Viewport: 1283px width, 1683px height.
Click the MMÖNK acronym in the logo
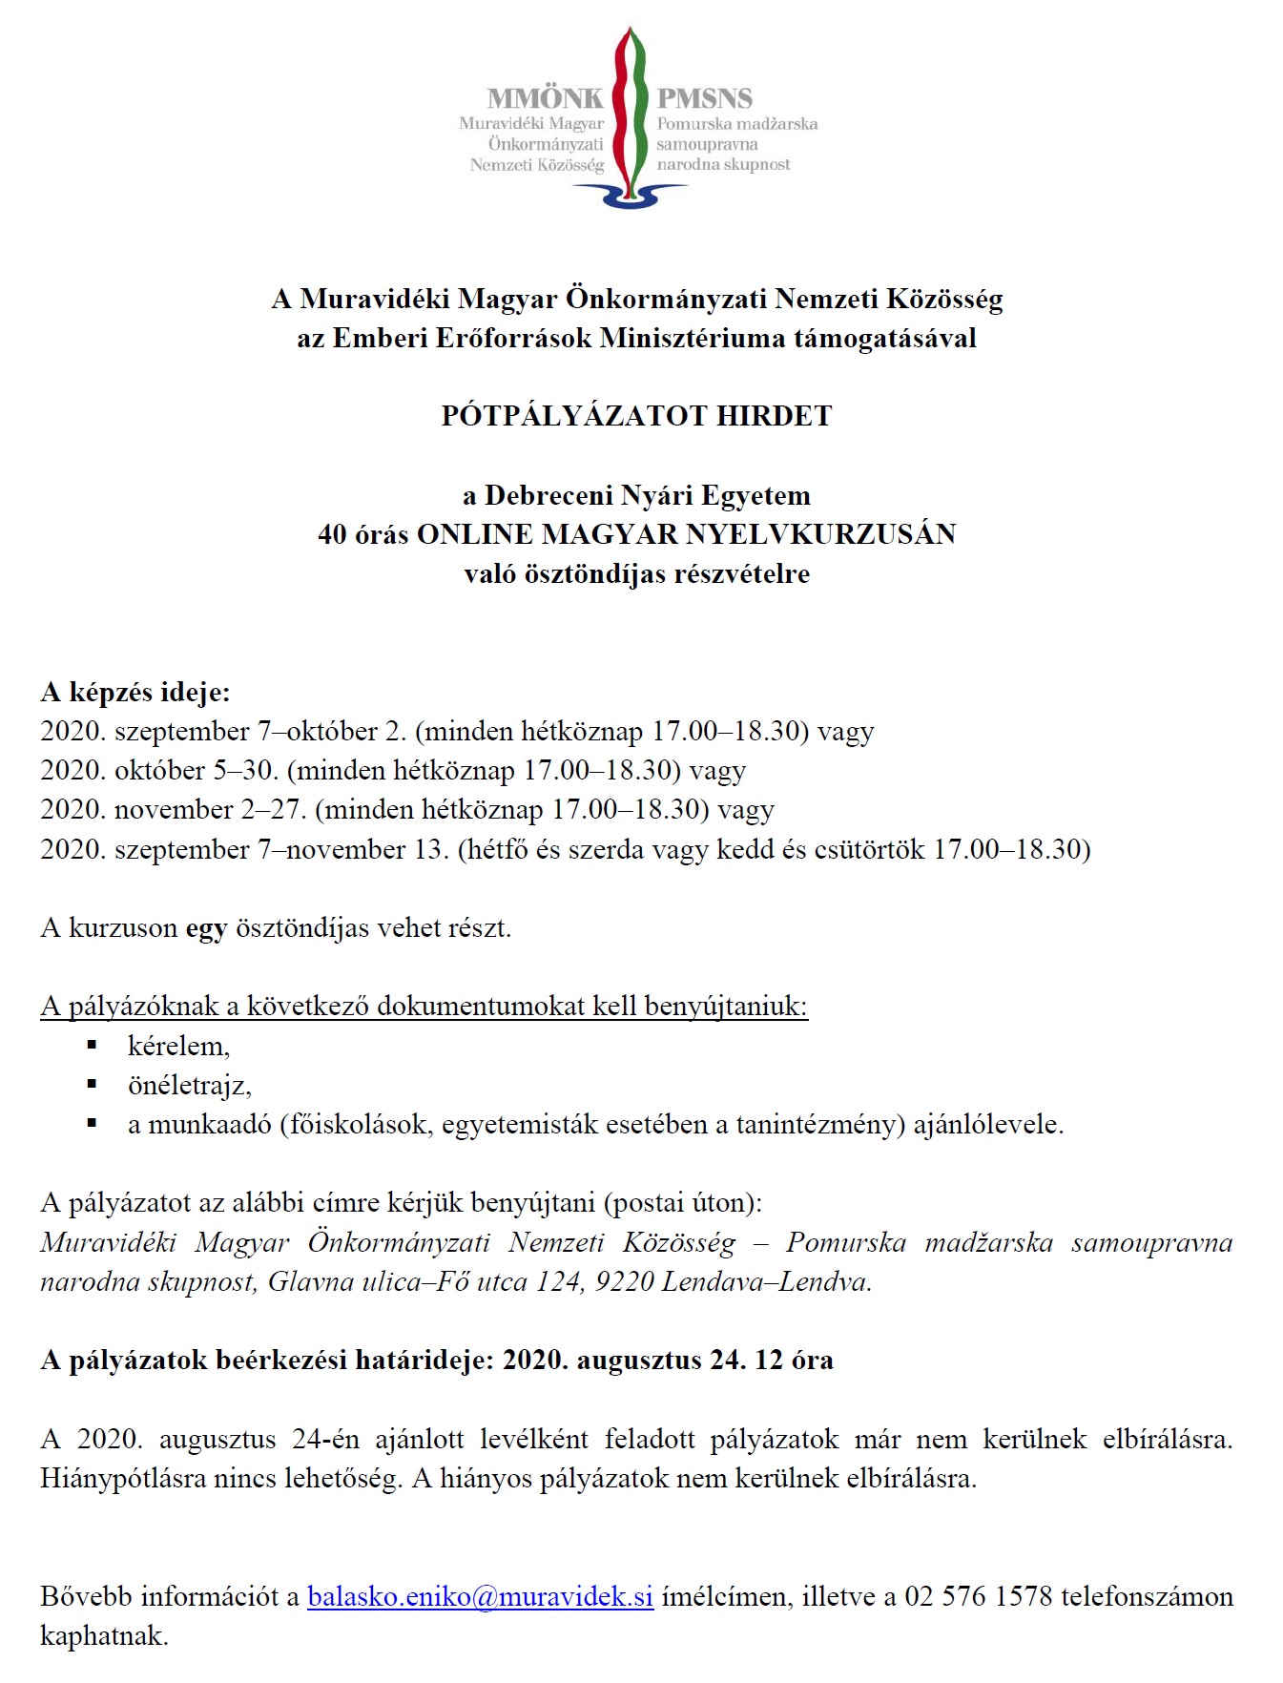point(545,98)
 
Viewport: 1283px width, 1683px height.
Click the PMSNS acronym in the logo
point(704,98)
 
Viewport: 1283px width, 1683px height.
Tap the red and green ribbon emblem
point(630,110)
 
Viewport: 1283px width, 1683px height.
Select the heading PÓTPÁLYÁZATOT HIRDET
point(636,416)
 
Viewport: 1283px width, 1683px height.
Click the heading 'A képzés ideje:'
point(135,692)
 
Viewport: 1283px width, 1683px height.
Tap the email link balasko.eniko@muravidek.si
point(480,1596)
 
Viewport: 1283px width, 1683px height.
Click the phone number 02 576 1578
point(978,1596)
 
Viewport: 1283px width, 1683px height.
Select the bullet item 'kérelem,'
point(178,1047)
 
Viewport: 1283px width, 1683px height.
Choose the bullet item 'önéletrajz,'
point(189,1086)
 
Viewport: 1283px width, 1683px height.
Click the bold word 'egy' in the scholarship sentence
point(206,928)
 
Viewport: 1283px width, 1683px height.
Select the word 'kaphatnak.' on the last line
point(104,1636)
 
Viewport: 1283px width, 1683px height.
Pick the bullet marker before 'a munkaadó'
point(93,1124)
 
